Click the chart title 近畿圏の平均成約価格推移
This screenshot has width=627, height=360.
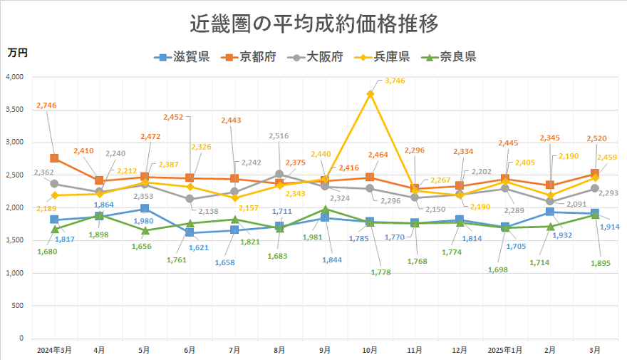click(x=313, y=23)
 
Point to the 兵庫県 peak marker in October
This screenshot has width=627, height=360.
click(x=370, y=93)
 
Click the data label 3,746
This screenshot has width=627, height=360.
click(x=394, y=81)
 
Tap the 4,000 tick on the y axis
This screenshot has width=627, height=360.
click(x=14, y=77)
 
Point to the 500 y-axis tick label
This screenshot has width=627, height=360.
click(x=18, y=306)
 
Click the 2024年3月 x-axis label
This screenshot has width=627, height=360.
click(x=54, y=350)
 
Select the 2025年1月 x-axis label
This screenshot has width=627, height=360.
click(x=504, y=350)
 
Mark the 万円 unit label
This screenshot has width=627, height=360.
click(x=18, y=53)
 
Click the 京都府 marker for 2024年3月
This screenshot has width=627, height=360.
click(x=54, y=158)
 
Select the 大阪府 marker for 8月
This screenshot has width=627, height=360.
click(x=279, y=174)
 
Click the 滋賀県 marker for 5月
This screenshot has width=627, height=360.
click(x=145, y=209)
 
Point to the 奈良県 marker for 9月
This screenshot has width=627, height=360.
click(x=324, y=210)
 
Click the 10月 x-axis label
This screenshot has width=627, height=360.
click(x=369, y=350)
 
